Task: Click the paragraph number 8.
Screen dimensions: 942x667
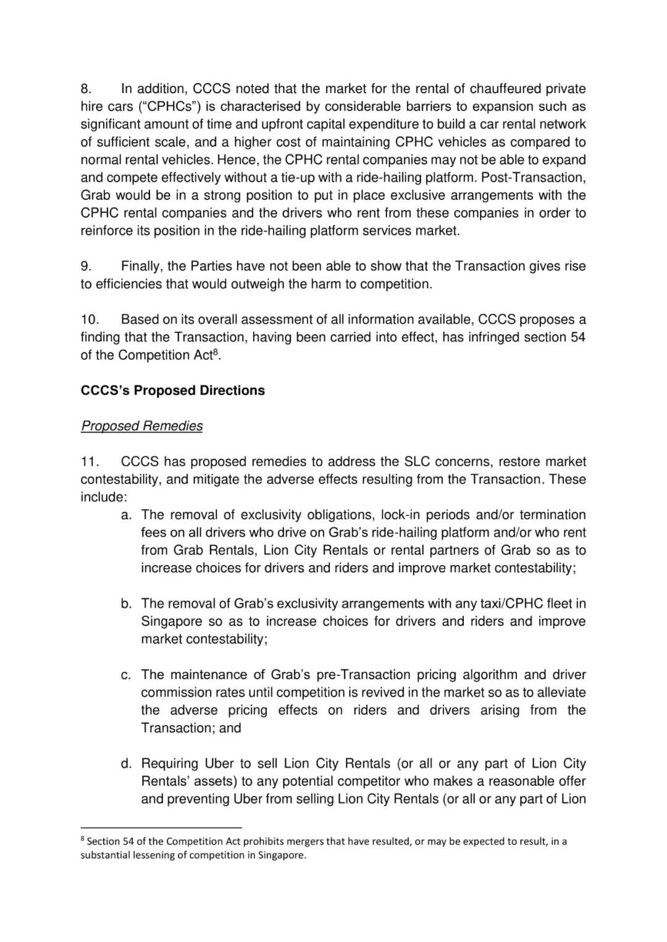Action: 86,89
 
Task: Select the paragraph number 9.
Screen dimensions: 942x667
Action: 86,266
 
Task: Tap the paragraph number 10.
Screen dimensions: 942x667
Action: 90,320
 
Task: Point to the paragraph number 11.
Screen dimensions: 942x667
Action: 90,462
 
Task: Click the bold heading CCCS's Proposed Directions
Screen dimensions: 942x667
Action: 173,390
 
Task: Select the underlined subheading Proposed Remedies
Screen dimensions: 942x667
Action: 141,426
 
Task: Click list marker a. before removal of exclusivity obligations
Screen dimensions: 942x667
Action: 126,515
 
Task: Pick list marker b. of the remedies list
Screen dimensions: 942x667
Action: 126,604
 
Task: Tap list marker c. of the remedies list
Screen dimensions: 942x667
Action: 126,675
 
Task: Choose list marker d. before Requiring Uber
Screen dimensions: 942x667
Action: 126,764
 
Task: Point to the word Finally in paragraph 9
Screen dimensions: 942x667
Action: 142,266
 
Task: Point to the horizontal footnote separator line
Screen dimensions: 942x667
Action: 161,827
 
